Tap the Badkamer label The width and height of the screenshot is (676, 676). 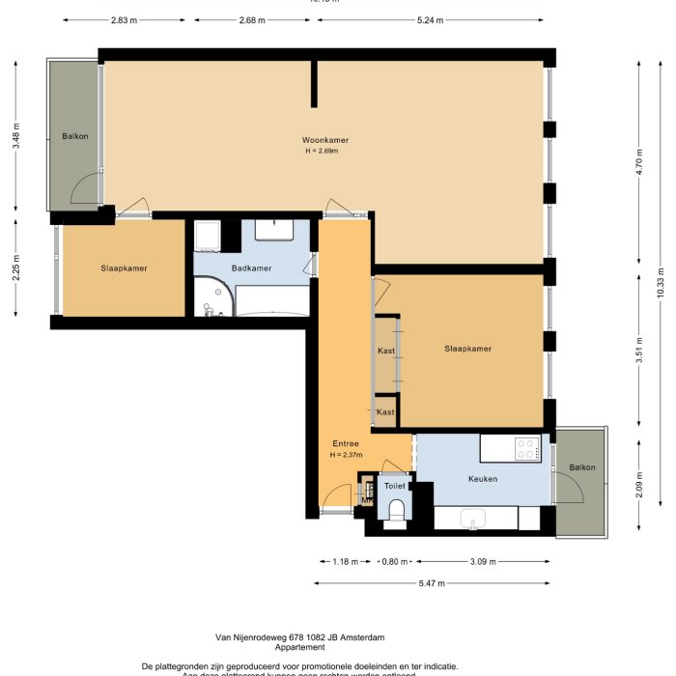(x=251, y=268)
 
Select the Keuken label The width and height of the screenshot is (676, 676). (x=483, y=478)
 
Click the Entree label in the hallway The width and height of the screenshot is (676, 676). (x=346, y=444)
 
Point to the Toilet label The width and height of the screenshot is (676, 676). (x=395, y=487)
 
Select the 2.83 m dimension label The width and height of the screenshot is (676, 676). (x=124, y=19)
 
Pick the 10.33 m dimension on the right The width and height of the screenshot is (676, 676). (x=659, y=280)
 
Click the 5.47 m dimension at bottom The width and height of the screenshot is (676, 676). (x=432, y=582)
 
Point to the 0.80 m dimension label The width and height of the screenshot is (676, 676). (x=394, y=561)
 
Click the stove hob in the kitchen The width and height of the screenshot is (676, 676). (x=526, y=448)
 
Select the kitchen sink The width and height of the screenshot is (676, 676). (x=472, y=520)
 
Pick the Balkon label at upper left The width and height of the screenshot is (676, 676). (x=75, y=136)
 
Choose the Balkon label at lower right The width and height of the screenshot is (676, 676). (x=582, y=467)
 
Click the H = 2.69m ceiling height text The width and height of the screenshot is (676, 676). (x=321, y=152)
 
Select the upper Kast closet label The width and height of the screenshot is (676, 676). (x=385, y=351)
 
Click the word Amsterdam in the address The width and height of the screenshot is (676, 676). (x=359, y=637)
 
